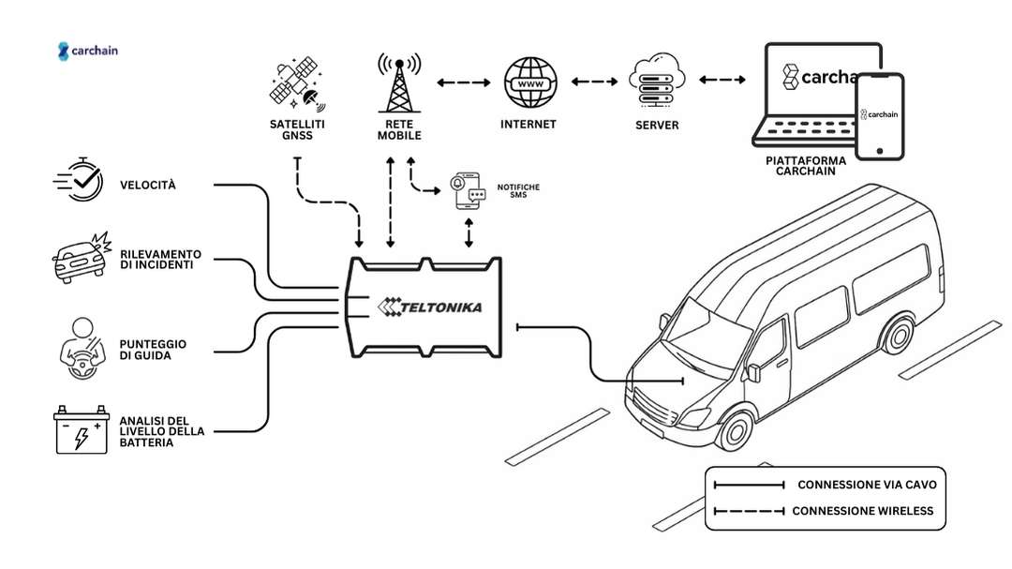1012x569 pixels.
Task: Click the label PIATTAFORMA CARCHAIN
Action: pos(805,166)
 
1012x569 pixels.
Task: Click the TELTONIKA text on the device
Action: pos(424,307)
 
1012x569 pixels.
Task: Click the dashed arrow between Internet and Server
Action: pos(594,82)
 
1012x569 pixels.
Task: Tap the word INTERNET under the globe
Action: pos(528,124)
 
